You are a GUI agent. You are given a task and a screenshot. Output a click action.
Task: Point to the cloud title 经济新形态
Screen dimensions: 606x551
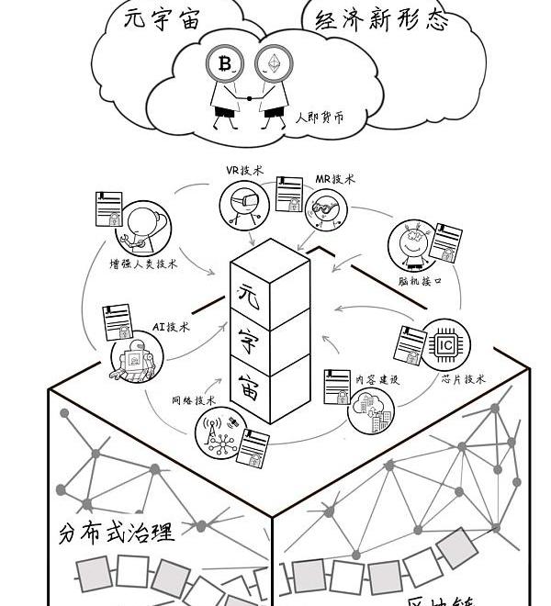[382, 20]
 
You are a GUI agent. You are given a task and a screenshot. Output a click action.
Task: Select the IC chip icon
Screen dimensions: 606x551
[444, 344]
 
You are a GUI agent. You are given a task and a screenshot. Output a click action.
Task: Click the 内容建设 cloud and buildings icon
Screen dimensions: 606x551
[371, 411]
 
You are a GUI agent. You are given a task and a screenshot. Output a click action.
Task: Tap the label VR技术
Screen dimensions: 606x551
[244, 171]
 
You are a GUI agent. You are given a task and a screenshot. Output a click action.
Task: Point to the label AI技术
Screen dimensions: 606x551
[171, 326]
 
